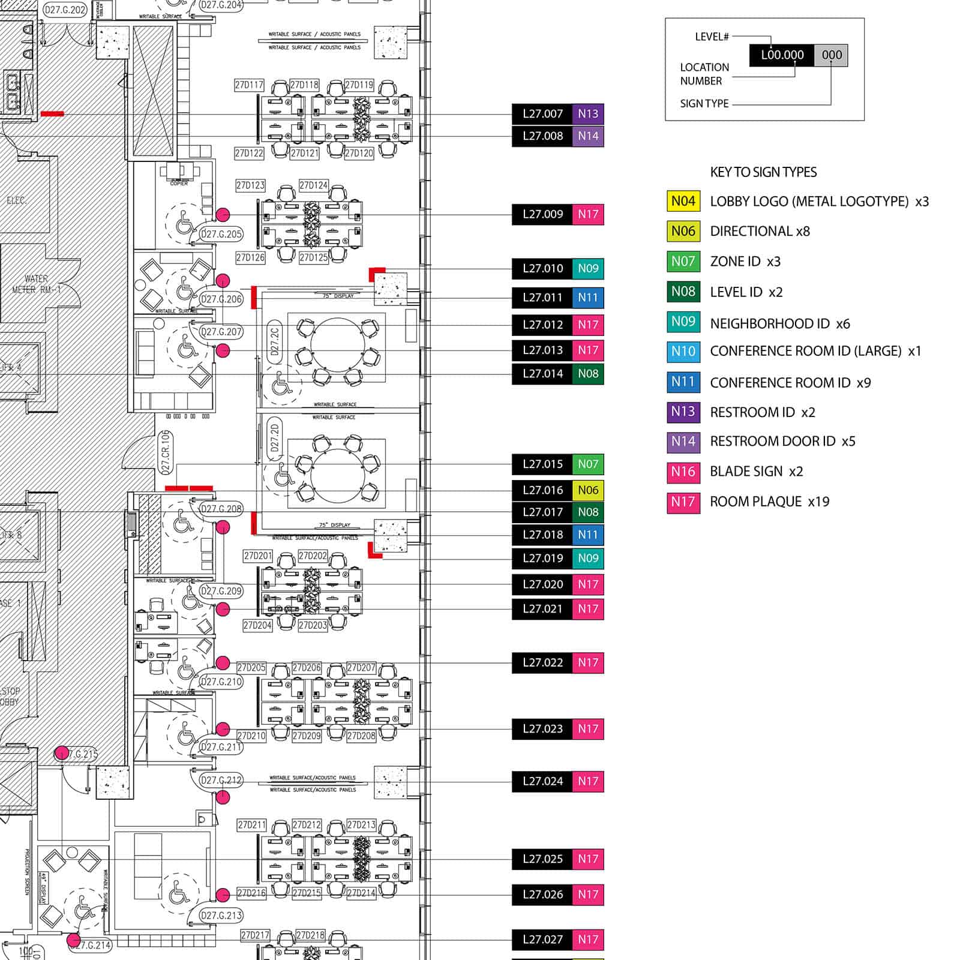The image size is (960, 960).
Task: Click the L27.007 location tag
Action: [x=542, y=114]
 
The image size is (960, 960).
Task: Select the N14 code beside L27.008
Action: [x=588, y=136]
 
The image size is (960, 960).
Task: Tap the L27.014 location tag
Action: [x=542, y=374]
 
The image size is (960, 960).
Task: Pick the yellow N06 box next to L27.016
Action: [x=588, y=490]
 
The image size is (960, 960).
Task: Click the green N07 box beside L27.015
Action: [x=588, y=464]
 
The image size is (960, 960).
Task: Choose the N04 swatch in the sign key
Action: [x=683, y=201]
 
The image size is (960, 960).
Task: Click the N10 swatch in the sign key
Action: [x=683, y=352]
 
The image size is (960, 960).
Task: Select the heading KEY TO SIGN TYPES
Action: [x=763, y=173]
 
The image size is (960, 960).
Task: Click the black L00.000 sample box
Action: [x=782, y=55]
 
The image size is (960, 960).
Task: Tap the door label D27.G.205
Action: [x=221, y=234]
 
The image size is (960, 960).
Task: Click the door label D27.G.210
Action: [x=221, y=682]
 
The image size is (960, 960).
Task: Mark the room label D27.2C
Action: [x=275, y=343]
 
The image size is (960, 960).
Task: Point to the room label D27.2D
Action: [x=275, y=439]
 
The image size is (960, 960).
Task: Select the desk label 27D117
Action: [x=249, y=85]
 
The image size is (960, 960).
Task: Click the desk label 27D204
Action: [x=257, y=625]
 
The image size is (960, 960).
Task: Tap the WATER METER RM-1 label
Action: [x=36, y=284]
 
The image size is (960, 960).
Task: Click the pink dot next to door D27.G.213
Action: [x=223, y=895]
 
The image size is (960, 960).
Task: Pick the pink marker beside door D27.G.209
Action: [x=223, y=610]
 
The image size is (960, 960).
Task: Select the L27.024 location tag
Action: [x=542, y=782]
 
